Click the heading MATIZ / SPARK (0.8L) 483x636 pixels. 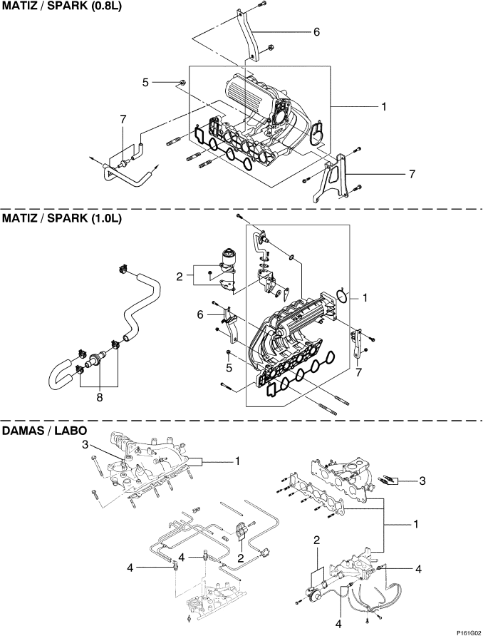click(x=61, y=7)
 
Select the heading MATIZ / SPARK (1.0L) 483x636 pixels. click(x=61, y=218)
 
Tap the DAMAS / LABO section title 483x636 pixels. click(x=45, y=430)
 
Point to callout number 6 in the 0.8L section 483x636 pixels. click(x=316, y=31)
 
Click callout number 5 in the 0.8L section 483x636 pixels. click(x=145, y=83)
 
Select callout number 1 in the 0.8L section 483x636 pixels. click(x=383, y=107)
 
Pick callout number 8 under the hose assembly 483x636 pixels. click(x=100, y=398)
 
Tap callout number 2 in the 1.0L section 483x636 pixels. click(x=179, y=277)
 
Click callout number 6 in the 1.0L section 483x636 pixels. click(x=199, y=314)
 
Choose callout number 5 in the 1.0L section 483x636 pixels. click(x=229, y=369)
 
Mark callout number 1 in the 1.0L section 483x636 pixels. click(x=365, y=298)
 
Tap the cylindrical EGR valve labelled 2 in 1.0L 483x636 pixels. click(x=228, y=258)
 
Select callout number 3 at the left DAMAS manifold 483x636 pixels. click(x=85, y=444)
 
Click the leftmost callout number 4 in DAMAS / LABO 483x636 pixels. click(x=130, y=568)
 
